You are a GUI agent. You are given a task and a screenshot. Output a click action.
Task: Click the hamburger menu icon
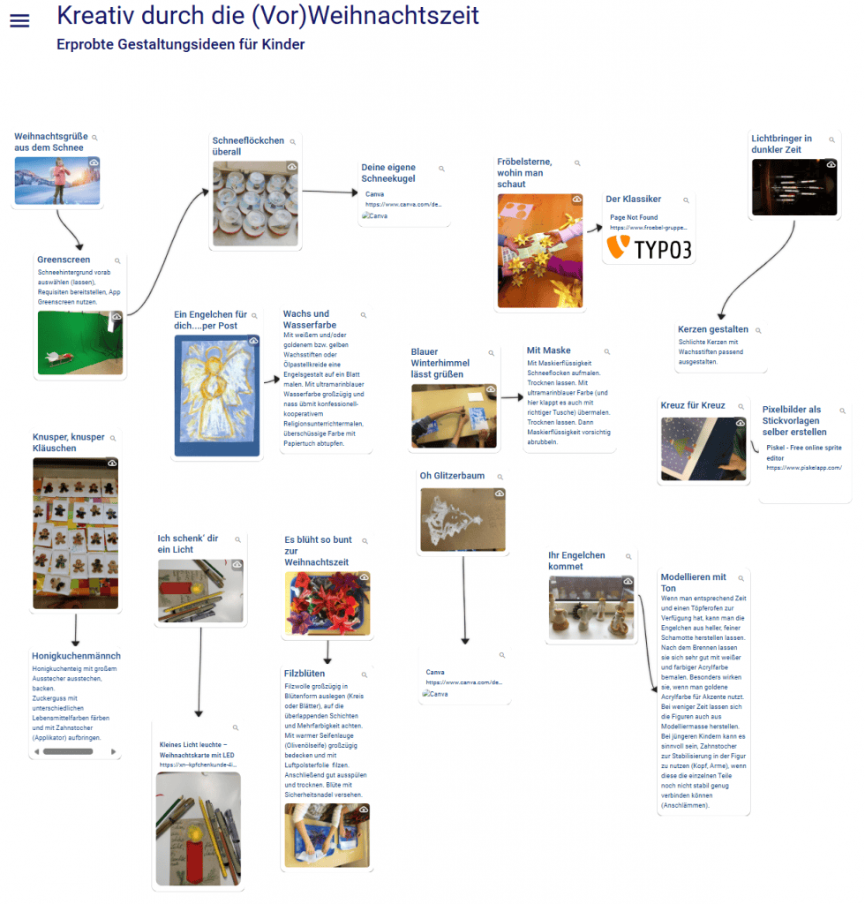19,20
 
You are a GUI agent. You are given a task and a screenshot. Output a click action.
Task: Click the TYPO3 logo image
648,247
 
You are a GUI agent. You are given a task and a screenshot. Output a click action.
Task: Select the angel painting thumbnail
217,395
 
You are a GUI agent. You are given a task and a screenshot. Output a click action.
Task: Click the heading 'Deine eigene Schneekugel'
388,172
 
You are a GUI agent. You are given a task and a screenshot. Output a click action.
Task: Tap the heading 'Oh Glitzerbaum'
452,476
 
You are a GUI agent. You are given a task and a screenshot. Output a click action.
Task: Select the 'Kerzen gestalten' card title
713,329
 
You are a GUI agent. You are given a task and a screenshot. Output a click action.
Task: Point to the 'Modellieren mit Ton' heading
693,582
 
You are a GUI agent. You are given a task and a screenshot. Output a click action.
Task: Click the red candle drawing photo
199,829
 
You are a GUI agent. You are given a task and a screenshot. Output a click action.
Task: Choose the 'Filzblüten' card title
305,674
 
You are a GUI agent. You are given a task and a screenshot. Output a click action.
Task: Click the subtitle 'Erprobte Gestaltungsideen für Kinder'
180,44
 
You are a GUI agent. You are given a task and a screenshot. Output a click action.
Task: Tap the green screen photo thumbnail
80,342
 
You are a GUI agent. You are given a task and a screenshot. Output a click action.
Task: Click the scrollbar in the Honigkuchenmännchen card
68,751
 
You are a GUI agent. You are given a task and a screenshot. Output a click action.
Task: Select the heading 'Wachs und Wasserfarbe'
305,320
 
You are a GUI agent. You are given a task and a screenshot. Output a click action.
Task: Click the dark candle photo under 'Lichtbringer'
794,187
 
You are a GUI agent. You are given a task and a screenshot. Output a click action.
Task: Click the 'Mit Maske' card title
548,350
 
